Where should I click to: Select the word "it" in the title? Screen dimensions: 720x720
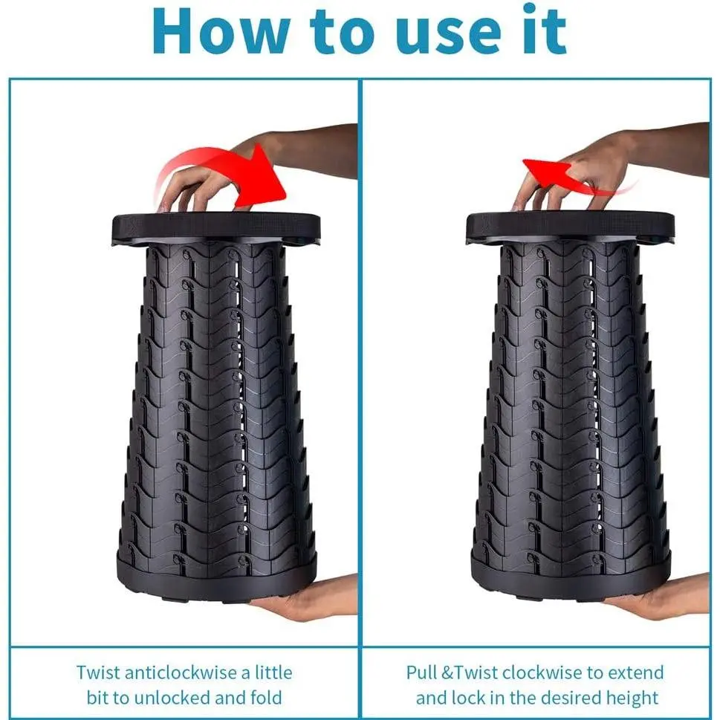tap(545, 30)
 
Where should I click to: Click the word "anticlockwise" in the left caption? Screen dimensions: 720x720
tap(182, 672)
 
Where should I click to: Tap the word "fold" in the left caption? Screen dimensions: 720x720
tap(266, 698)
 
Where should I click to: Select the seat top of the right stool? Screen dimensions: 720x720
tap(571, 228)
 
